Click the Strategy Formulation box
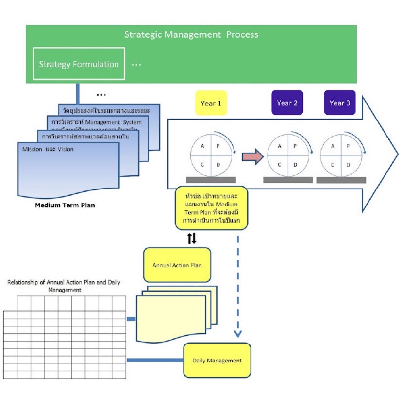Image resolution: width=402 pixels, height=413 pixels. tap(79, 64)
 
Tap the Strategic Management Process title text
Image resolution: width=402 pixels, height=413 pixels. tap(191, 34)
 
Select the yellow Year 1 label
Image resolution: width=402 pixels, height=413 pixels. tap(211, 103)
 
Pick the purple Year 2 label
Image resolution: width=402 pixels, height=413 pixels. tap(287, 103)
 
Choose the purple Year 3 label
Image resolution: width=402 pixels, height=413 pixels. tap(339, 103)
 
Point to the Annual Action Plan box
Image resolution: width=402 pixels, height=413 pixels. tap(177, 265)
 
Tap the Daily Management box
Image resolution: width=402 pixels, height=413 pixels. tap(217, 361)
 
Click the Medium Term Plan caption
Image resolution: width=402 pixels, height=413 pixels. tap(65, 205)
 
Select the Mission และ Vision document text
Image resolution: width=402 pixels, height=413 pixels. tap(48, 149)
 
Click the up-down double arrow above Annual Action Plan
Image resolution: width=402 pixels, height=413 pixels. tap(192, 238)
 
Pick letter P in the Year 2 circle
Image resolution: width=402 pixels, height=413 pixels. tap(295, 146)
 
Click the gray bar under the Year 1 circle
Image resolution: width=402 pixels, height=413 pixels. tap(211, 180)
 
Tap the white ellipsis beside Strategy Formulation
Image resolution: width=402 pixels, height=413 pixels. tap(136, 64)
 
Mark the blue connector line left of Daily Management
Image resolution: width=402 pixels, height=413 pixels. tap(155, 361)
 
